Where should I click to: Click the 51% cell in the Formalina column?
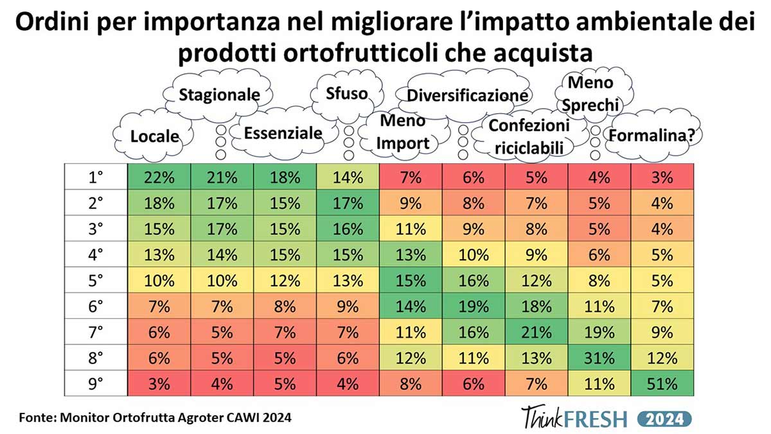point(662,384)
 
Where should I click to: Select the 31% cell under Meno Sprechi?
point(599,358)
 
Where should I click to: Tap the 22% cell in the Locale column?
point(159,177)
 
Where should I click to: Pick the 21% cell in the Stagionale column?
point(222,177)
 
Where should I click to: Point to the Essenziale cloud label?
point(283,133)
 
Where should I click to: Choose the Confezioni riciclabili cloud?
point(529,136)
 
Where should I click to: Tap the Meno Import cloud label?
point(403,132)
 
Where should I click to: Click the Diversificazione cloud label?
point(468,95)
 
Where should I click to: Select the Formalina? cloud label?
point(655,135)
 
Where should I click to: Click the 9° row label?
point(96,384)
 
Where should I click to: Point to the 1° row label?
point(96,177)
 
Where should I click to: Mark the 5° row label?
point(96,281)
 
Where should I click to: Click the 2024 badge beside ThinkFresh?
point(665,419)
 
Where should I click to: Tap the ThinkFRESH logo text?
point(573,418)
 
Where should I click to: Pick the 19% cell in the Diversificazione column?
point(474,307)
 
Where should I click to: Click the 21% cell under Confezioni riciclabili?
point(536,332)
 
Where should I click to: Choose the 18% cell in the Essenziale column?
point(285,177)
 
